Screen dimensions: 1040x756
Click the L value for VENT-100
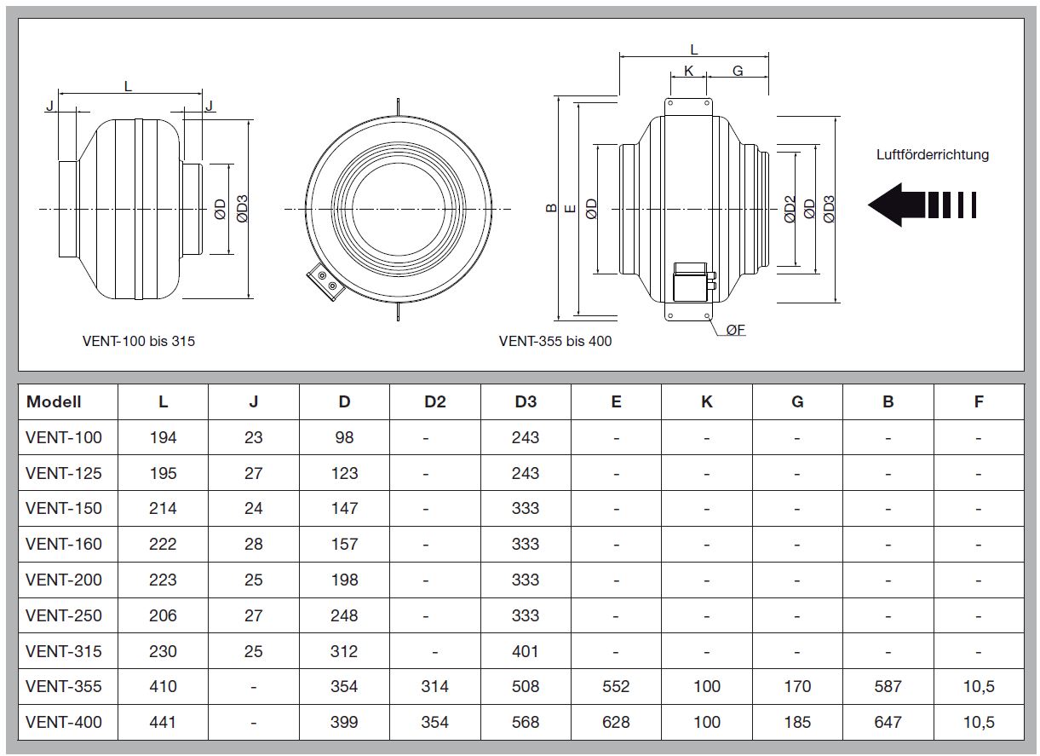tap(163, 437)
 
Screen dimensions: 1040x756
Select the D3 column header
tap(526, 401)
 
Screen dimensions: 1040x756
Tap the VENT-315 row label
tap(64, 651)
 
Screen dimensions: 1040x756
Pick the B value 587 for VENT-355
tap(888, 686)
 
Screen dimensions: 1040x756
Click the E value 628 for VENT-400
tap(616, 722)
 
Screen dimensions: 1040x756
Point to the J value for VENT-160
tap(254, 544)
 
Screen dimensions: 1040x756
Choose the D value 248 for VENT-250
tap(344, 615)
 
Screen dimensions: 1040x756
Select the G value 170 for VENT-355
tap(797, 686)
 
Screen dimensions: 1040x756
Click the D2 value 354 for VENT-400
tap(434, 722)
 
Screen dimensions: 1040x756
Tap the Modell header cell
tap(54, 401)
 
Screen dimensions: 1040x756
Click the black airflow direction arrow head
tap(887, 205)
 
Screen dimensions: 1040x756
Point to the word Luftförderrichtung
tap(933, 154)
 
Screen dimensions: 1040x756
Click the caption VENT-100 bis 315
tap(138, 341)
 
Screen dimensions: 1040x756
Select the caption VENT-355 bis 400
tap(555, 341)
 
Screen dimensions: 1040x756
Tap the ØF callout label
tap(735, 330)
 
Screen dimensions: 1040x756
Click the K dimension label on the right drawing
tap(688, 71)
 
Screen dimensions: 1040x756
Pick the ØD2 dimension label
tap(790, 209)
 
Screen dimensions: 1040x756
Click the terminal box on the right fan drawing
tap(692, 282)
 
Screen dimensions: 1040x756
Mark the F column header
tap(979, 401)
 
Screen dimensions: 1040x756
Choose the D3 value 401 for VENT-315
tap(525, 651)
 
